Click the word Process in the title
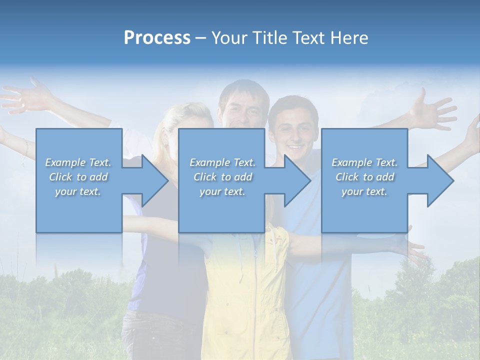(157, 38)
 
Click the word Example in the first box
(65, 162)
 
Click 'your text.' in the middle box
(222, 191)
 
